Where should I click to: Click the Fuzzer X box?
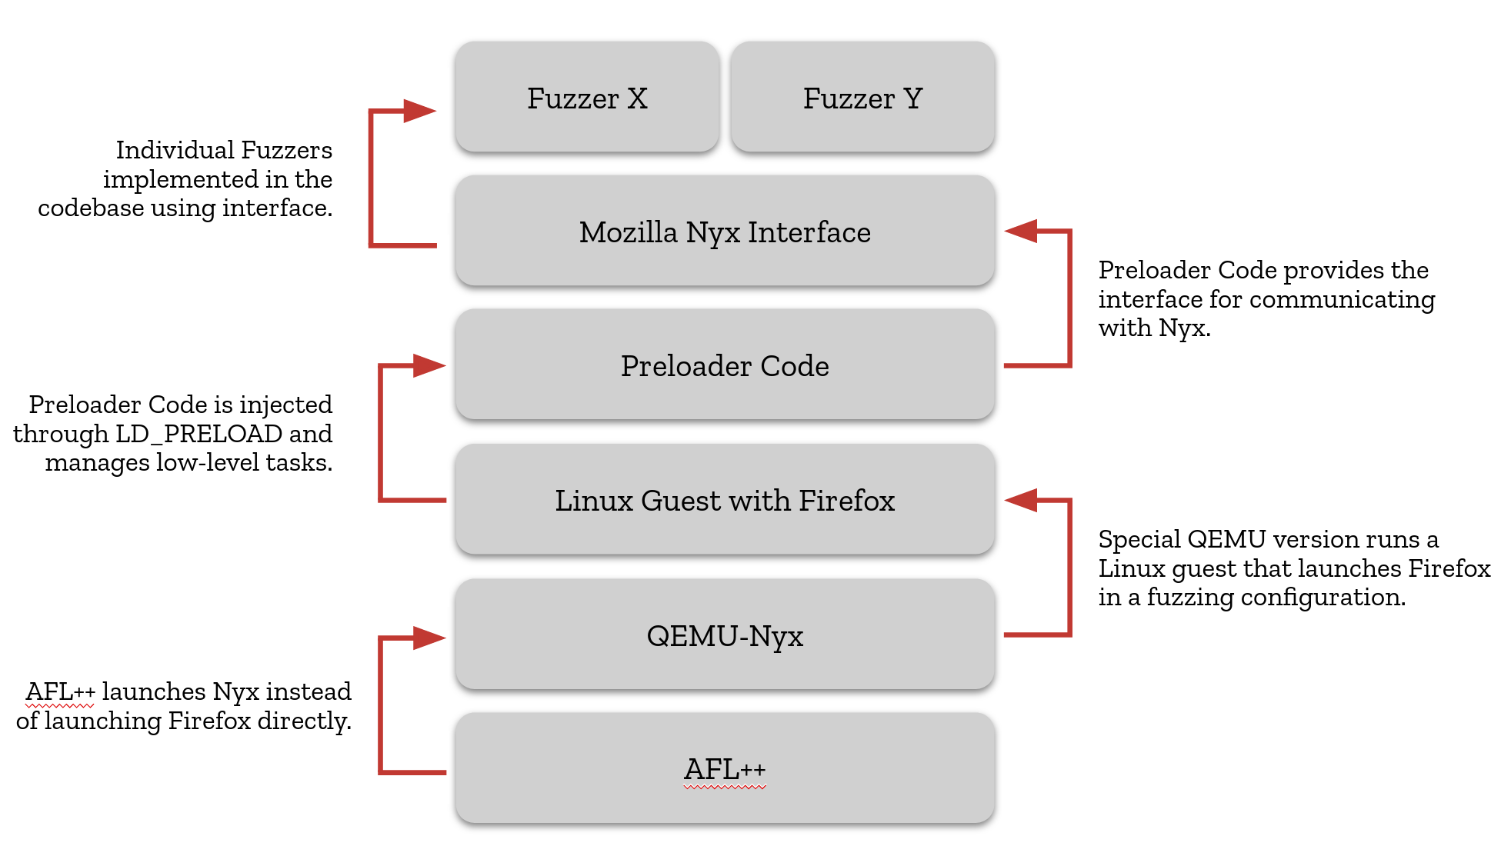[587, 98]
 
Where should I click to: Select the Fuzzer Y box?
[862, 98]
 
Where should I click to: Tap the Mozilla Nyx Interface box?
[725, 231]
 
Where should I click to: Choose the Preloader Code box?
[725, 365]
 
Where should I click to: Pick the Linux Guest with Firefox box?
[725, 500]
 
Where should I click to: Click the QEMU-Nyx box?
[725, 635]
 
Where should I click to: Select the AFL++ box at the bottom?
[725, 769]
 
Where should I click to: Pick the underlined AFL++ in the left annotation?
[60, 691]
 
